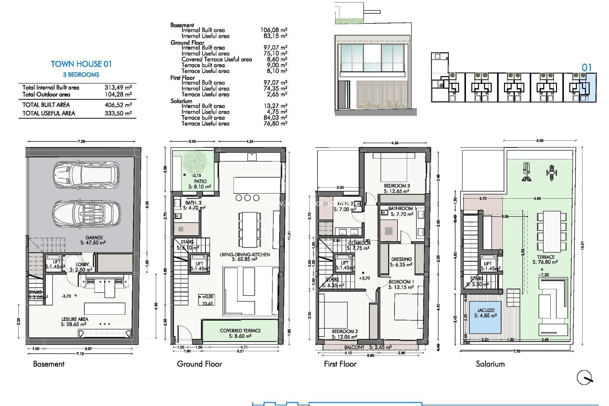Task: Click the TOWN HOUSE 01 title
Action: [x=81, y=64]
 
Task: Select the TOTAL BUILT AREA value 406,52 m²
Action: [x=118, y=105]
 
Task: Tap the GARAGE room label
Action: [x=94, y=238]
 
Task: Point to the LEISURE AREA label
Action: [x=75, y=319]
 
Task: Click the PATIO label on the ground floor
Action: [x=200, y=181]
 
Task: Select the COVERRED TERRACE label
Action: [x=240, y=331]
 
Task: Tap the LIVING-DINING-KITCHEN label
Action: [x=245, y=254]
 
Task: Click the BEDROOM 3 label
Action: [x=397, y=186]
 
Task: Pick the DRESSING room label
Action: [x=401, y=259]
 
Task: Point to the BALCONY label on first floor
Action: [x=354, y=347]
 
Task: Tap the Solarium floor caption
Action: [x=490, y=364]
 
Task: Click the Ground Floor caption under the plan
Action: [x=199, y=364]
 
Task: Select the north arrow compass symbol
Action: [x=584, y=378]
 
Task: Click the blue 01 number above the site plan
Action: [x=586, y=68]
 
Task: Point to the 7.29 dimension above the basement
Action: [x=81, y=141]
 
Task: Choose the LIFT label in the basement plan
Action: [x=56, y=262]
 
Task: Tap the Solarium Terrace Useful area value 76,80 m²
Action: [x=275, y=124]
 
